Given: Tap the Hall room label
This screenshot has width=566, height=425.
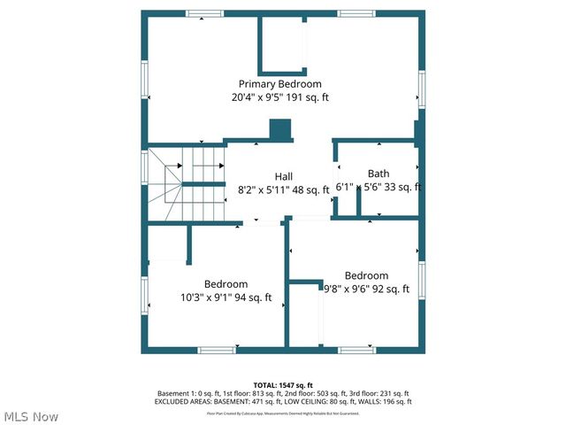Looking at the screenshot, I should (284, 176).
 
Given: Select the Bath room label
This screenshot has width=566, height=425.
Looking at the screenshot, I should (379, 174).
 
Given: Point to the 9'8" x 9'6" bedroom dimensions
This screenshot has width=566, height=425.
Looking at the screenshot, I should (366, 289).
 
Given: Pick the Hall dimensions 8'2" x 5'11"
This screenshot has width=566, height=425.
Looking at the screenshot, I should (269, 189).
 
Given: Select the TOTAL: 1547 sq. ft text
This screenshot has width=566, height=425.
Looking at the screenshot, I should (283, 384).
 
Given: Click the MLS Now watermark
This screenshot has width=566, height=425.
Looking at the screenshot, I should (32, 416).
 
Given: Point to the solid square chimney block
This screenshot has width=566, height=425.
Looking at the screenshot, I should (280, 129).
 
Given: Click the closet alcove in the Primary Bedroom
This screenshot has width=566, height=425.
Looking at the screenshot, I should (282, 44).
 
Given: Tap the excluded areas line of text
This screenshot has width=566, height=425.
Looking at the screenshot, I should (283, 402).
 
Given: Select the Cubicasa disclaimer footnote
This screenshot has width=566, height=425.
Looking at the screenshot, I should (283, 413).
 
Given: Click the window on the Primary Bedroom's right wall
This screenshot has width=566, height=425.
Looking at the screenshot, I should (422, 89).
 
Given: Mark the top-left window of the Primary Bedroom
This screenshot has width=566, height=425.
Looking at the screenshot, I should (204, 12).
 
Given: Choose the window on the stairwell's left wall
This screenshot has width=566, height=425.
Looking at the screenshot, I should (144, 166).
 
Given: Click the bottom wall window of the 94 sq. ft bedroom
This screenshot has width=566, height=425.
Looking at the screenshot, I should (216, 350).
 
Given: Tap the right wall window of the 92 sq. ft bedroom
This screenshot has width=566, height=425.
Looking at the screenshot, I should (422, 279).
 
